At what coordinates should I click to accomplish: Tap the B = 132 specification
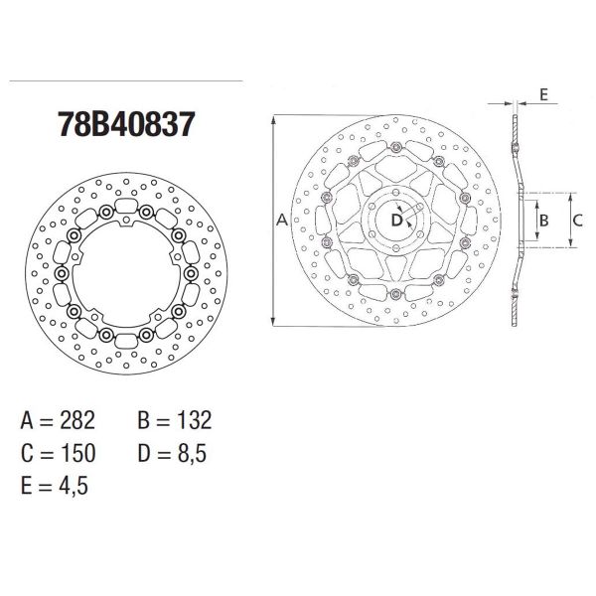click(173, 420)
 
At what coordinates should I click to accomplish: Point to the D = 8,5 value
click(174, 454)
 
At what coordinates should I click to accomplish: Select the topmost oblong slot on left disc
click(125, 207)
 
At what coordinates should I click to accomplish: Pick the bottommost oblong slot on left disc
click(125, 341)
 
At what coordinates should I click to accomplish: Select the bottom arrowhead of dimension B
click(536, 238)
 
